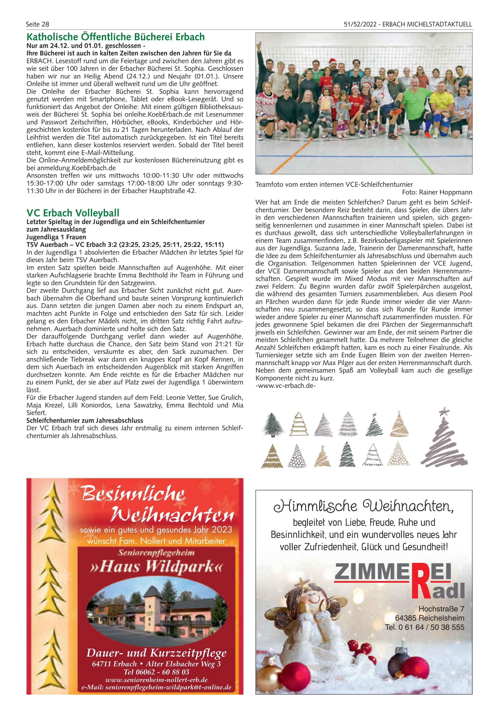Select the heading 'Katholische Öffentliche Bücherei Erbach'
[x=115, y=37]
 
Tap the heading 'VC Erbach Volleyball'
[x=73, y=213]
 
